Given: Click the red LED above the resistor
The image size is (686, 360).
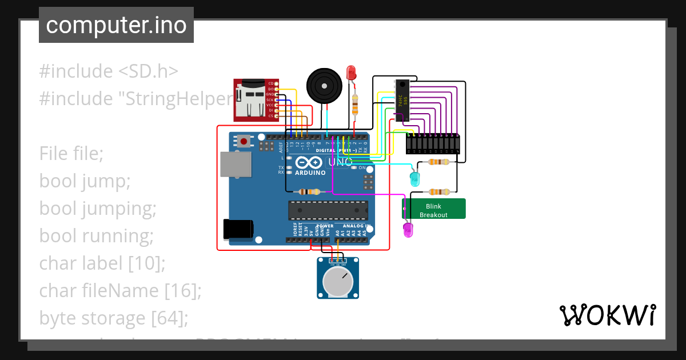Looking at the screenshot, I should (351, 73).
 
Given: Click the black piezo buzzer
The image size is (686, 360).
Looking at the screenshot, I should (324, 86).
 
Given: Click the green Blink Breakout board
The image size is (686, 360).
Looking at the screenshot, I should (434, 209).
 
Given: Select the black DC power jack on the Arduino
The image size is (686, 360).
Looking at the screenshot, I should (238, 229).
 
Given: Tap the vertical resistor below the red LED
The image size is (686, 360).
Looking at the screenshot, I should (355, 105).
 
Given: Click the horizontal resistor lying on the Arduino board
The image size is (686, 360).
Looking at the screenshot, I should (309, 191).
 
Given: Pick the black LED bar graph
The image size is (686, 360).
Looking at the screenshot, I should (433, 143).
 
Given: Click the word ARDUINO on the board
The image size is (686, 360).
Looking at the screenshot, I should (310, 172).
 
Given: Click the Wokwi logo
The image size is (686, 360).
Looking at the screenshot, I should (607, 315).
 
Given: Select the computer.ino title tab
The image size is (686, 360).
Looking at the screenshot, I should (116, 25).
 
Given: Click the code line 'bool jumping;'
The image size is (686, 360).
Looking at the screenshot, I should (98, 209).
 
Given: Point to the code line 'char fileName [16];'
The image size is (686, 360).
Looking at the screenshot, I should (121, 291).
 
